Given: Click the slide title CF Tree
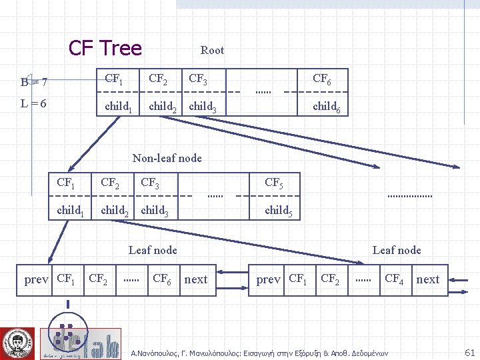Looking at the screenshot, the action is [x=105, y=48].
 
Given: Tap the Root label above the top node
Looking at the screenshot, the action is [x=212, y=50].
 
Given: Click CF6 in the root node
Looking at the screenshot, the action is [x=322, y=79].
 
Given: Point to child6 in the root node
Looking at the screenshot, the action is [x=327, y=107].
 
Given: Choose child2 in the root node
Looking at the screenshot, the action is [x=163, y=107].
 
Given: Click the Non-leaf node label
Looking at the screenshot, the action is [x=167, y=158].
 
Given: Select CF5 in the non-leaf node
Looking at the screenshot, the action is [x=274, y=183].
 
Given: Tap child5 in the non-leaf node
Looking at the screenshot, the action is [x=279, y=211].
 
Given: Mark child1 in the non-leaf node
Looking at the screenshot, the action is [x=71, y=211].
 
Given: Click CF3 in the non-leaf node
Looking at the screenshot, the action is [x=150, y=183].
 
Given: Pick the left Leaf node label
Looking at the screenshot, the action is [x=153, y=250].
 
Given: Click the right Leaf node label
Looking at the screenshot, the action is [x=397, y=250].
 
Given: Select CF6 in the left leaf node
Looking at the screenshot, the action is [x=162, y=279].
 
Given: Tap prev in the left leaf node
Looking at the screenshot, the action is [x=36, y=279].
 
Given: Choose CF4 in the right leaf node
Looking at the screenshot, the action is [x=394, y=279].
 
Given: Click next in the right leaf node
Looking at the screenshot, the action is [x=428, y=279].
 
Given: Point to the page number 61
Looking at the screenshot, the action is [x=469, y=351].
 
